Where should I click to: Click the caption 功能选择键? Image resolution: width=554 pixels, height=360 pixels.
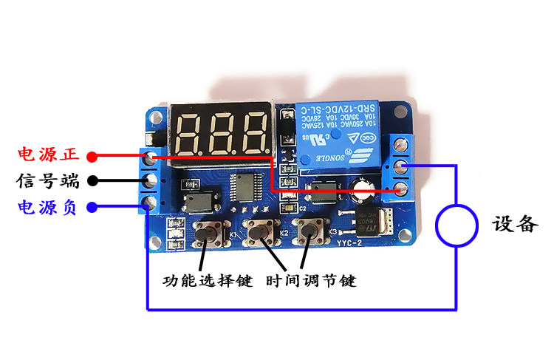[x=208, y=282]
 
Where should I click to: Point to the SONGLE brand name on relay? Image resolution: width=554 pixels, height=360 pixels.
[x=319, y=157]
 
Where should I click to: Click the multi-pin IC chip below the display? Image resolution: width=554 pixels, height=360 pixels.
[x=244, y=187]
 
